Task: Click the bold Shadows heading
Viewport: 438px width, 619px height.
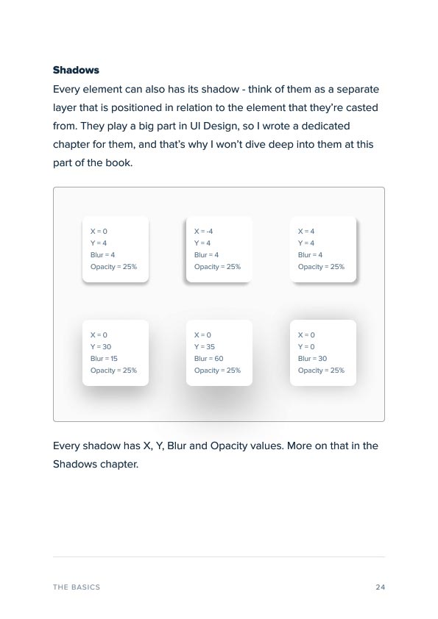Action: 76,71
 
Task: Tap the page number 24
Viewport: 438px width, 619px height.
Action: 380,587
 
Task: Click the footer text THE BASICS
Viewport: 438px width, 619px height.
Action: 77,587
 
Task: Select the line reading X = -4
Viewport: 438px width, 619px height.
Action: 203,232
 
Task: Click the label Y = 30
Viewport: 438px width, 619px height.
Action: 101,347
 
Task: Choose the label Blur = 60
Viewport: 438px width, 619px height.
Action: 209,359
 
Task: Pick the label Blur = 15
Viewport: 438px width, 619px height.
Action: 104,359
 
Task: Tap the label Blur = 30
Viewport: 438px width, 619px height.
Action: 313,359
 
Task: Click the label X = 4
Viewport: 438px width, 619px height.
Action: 306,232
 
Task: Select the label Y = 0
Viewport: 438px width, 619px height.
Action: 306,347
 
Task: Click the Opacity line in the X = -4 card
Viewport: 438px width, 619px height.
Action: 217,267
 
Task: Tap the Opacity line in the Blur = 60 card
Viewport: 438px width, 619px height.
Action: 217,371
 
